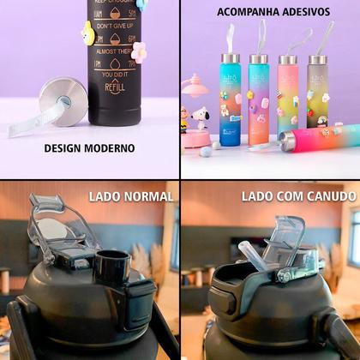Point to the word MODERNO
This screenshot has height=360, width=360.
[x=111, y=148]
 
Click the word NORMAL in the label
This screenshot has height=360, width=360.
[x=147, y=197]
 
